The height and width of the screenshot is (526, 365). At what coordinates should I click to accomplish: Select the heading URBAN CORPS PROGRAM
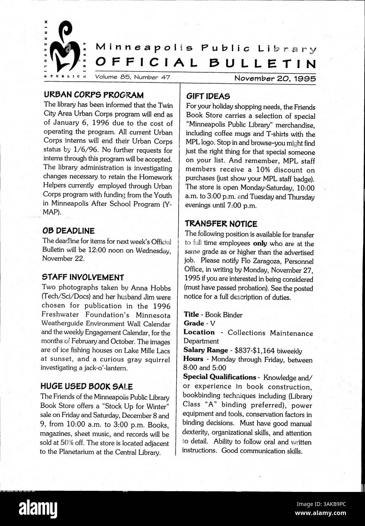click(x=93, y=95)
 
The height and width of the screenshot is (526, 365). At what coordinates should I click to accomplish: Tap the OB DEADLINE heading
click(x=68, y=231)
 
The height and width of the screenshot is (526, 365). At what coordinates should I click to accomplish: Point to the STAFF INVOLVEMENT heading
click(x=83, y=277)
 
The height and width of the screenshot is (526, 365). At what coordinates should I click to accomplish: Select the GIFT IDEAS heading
click(x=208, y=96)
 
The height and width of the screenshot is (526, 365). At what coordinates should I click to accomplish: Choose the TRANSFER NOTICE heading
click(x=221, y=224)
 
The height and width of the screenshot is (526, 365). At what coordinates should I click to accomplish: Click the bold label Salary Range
click(x=206, y=350)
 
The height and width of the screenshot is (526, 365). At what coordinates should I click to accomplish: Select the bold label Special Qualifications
click(x=220, y=377)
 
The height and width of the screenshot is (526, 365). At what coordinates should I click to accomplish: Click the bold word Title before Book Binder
click(x=191, y=314)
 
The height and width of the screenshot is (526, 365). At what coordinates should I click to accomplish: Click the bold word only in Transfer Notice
click(x=260, y=243)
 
